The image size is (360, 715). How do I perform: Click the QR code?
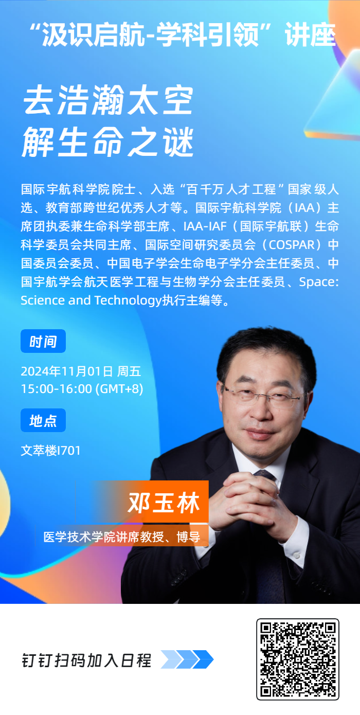[298, 659]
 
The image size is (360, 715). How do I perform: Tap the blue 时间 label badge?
[43, 342]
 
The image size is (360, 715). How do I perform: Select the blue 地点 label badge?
[43, 421]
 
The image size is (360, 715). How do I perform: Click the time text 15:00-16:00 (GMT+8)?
[82, 388]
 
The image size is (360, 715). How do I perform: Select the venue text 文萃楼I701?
[50, 451]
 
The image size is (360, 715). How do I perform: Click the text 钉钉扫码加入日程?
[86, 660]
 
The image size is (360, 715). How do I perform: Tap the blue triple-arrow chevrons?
[187, 659]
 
